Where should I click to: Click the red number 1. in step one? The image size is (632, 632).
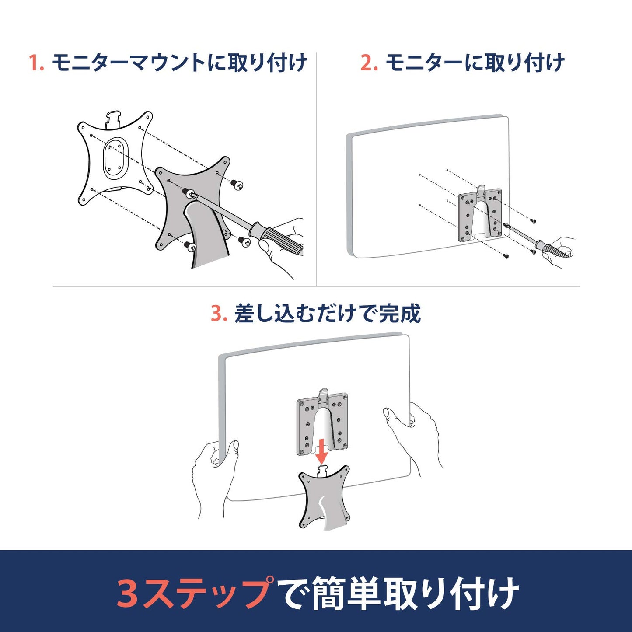tap(36, 63)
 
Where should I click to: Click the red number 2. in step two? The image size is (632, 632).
tap(369, 63)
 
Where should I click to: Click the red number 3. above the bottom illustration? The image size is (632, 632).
tap(219, 314)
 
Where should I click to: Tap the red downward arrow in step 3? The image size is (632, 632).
tap(322, 452)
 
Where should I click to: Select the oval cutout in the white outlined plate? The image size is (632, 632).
tap(115, 157)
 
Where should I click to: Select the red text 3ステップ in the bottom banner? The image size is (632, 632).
tap(195, 594)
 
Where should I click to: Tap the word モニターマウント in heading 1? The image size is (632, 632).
tap(129, 63)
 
